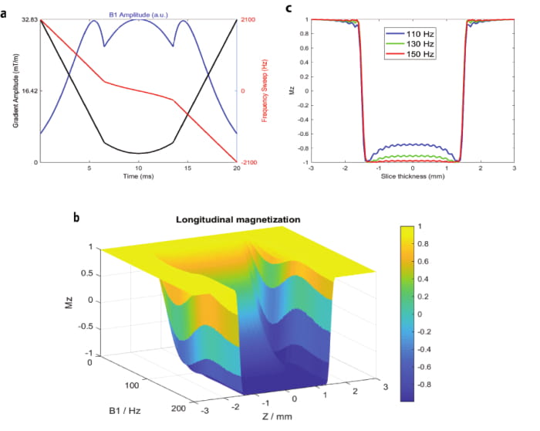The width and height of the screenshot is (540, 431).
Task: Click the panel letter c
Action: coord(289,8)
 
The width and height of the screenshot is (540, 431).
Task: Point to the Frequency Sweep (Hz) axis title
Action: coord(265,91)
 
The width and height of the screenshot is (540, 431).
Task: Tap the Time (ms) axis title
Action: coord(138,176)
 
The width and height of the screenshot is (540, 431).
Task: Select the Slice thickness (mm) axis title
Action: coord(413,176)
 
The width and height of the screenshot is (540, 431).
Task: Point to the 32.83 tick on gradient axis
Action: coord(29,19)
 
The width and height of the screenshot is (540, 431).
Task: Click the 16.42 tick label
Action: coord(29,91)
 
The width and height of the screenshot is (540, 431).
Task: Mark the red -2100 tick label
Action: coord(250,162)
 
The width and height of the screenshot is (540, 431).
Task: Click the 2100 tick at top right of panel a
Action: coord(249,19)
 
